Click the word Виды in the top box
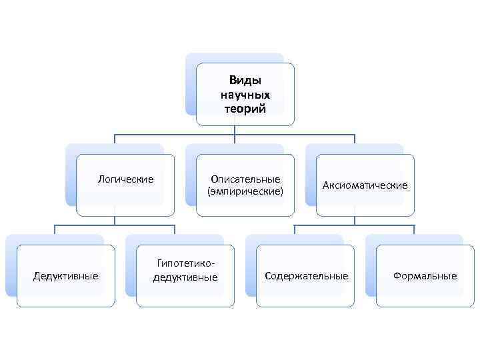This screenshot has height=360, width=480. click(245, 81)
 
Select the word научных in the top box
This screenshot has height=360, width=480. click(245, 95)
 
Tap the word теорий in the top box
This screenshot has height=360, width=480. click(245, 109)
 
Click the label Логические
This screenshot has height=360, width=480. click(125, 179)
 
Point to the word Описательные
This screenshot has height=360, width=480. click(245, 179)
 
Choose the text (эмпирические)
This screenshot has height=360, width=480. click(245, 192)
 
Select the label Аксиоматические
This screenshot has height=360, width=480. click(365, 185)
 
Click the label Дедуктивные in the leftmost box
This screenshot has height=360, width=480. click(66, 276)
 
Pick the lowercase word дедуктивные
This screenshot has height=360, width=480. click(185, 277)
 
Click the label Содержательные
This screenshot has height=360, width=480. click(306, 276)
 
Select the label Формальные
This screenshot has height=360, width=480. click(425, 276)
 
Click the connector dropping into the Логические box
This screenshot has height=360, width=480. click(115, 139)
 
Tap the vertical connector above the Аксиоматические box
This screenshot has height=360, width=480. click(355, 139)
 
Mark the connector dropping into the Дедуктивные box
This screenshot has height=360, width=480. click(55, 230)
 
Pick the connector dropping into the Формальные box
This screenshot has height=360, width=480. click(414, 230)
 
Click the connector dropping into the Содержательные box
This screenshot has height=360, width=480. click(295, 230)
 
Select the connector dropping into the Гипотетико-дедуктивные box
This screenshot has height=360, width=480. click(175, 230)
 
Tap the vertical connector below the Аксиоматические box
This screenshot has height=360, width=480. click(355, 221)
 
